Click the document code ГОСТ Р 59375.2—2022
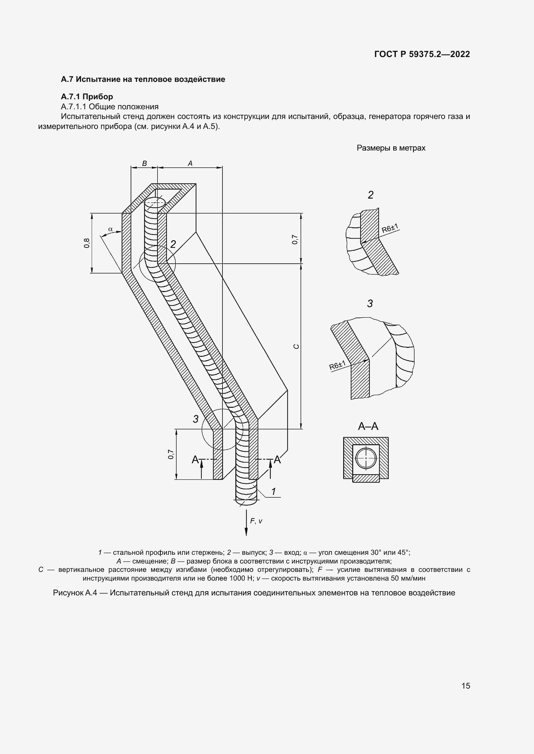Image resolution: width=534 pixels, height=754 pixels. pos(422,54)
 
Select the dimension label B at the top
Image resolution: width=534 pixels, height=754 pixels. pos(144,163)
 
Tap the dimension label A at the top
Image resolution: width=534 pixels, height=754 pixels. pos(190,163)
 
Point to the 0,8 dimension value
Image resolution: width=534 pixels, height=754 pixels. pos(87,243)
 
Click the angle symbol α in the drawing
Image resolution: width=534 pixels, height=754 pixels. pos(110,229)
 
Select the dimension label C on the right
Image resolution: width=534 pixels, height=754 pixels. pos(296,346)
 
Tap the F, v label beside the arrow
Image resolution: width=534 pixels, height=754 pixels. pos(256,521)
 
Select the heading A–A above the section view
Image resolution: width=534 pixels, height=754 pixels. pos(368,426)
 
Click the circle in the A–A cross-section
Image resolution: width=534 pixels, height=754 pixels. pos(366,458)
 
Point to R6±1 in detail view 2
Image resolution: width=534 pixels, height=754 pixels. pos(390,228)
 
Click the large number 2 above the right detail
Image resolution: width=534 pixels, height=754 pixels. pos(371,195)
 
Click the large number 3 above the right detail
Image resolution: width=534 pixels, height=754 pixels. pos(370,303)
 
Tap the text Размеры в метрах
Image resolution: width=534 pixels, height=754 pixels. pos(391,148)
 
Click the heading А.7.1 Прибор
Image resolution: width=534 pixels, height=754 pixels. pos(87,97)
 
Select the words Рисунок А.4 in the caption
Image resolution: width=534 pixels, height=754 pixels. pos(75,593)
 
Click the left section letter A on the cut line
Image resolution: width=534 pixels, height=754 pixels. pos(195,459)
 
